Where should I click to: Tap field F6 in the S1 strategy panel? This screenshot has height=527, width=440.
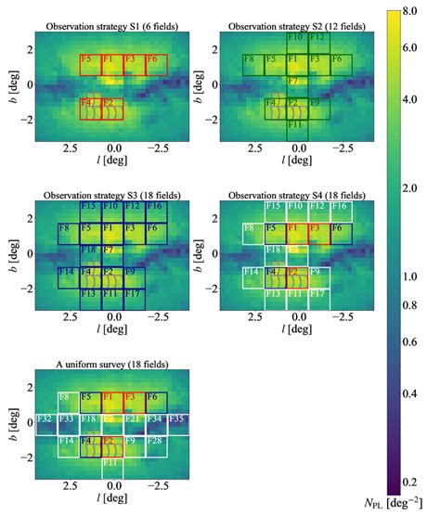[155, 64]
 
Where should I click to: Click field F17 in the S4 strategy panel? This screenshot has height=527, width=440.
[318, 295]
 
